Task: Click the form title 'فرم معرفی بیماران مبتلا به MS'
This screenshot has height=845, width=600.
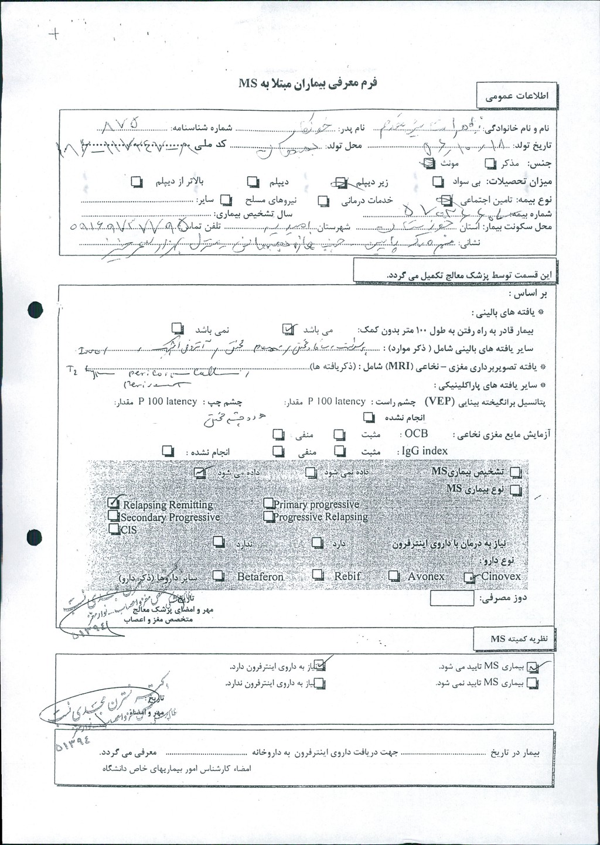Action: (x=308, y=83)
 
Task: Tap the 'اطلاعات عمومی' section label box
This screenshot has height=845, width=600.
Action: (x=517, y=97)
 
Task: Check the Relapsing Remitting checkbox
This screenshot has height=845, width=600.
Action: (x=114, y=502)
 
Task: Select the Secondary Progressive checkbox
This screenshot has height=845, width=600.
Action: (x=114, y=516)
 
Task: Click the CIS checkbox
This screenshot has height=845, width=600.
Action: (x=114, y=529)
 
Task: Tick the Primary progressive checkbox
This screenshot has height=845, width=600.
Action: (x=268, y=503)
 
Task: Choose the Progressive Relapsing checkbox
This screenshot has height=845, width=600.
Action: (x=268, y=516)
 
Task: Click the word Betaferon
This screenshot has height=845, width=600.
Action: (x=260, y=577)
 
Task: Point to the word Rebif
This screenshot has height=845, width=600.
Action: (x=347, y=576)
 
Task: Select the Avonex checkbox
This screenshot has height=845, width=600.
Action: (x=394, y=576)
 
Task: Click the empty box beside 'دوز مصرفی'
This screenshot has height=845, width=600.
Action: (x=452, y=598)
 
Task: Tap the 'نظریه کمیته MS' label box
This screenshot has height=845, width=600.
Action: (x=514, y=639)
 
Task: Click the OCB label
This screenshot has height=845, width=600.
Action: (x=416, y=434)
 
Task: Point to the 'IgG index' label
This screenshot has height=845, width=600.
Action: (x=424, y=451)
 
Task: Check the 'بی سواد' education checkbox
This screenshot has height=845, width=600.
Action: (x=438, y=182)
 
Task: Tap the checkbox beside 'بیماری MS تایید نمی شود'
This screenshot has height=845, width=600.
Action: (x=532, y=683)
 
